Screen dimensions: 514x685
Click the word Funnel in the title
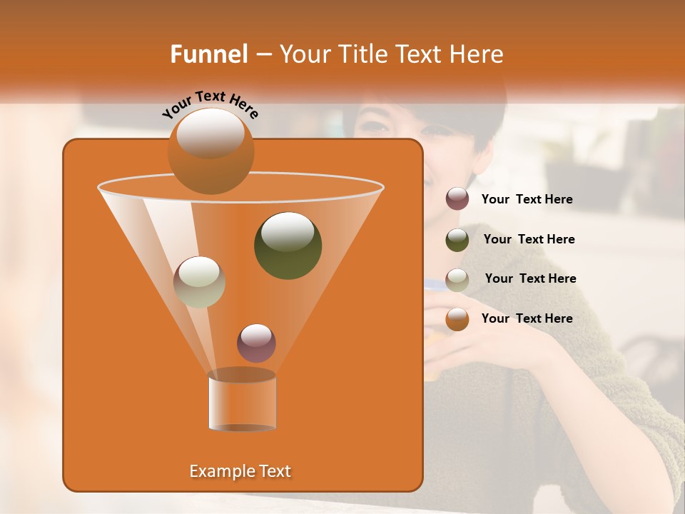(x=208, y=54)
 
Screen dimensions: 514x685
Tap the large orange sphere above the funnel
(x=210, y=150)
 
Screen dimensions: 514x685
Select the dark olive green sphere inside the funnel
(x=288, y=246)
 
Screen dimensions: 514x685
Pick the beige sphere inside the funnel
(x=199, y=282)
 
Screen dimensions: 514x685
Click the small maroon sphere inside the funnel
(x=256, y=343)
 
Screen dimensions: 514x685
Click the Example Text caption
(x=240, y=471)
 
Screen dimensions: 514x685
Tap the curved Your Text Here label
(x=210, y=104)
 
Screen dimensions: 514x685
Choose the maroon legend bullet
(x=457, y=199)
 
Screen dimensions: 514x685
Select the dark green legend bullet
(x=457, y=239)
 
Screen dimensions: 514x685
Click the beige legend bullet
(x=457, y=279)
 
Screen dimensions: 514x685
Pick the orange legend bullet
(x=457, y=319)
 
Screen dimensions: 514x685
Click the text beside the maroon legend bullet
(x=527, y=200)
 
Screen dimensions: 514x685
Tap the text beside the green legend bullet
(x=529, y=240)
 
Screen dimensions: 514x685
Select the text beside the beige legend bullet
(x=530, y=279)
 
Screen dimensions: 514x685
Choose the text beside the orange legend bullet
(x=527, y=319)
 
